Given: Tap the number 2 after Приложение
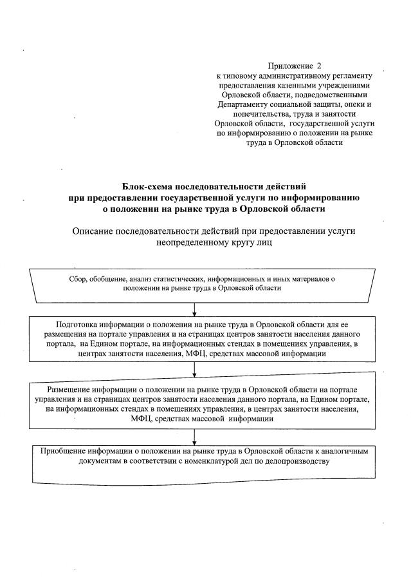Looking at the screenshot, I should pos(318,66).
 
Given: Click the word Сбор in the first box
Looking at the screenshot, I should pos(77,278).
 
